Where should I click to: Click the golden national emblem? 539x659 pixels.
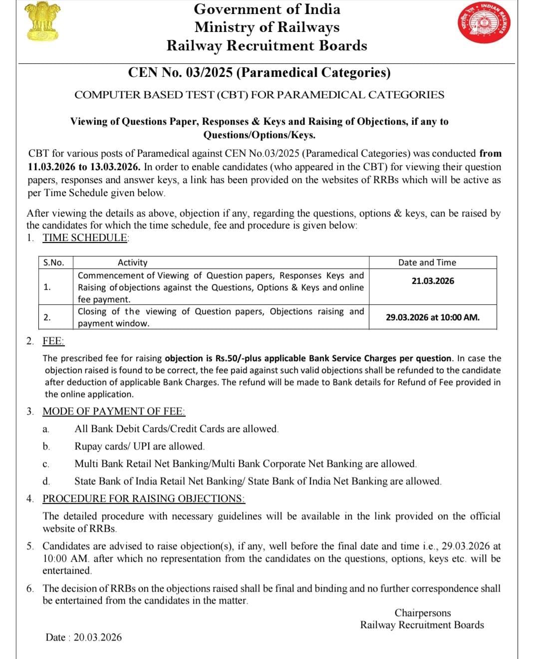(x=42, y=21)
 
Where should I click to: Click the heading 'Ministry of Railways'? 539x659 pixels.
(x=267, y=27)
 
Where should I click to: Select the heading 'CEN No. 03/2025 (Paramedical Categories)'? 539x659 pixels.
(x=259, y=72)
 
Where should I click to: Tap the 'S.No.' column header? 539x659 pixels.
(x=53, y=262)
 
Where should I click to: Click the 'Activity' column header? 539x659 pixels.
(x=132, y=262)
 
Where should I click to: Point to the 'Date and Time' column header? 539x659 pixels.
(x=427, y=262)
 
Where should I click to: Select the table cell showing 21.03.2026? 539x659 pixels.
(x=433, y=281)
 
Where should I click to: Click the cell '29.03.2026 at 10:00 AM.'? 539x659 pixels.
(x=432, y=317)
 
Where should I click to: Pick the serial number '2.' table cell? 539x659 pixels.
(x=47, y=317)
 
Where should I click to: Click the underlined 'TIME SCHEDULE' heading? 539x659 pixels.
(x=85, y=237)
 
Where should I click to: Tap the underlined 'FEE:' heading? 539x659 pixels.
(x=53, y=341)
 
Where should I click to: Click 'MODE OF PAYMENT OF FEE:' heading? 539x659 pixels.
(x=114, y=412)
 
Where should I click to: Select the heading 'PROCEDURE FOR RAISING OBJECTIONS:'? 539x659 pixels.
(x=143, y=498)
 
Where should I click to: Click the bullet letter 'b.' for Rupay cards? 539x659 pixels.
(x=46, y=446)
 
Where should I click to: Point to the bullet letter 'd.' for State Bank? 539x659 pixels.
(x=46, y=481)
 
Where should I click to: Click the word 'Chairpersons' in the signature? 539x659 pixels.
(x=422, y=613)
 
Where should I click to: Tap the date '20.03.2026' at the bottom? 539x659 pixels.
(x=97, y=637)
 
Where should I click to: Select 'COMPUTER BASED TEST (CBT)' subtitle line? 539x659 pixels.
(x=259, y=95)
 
